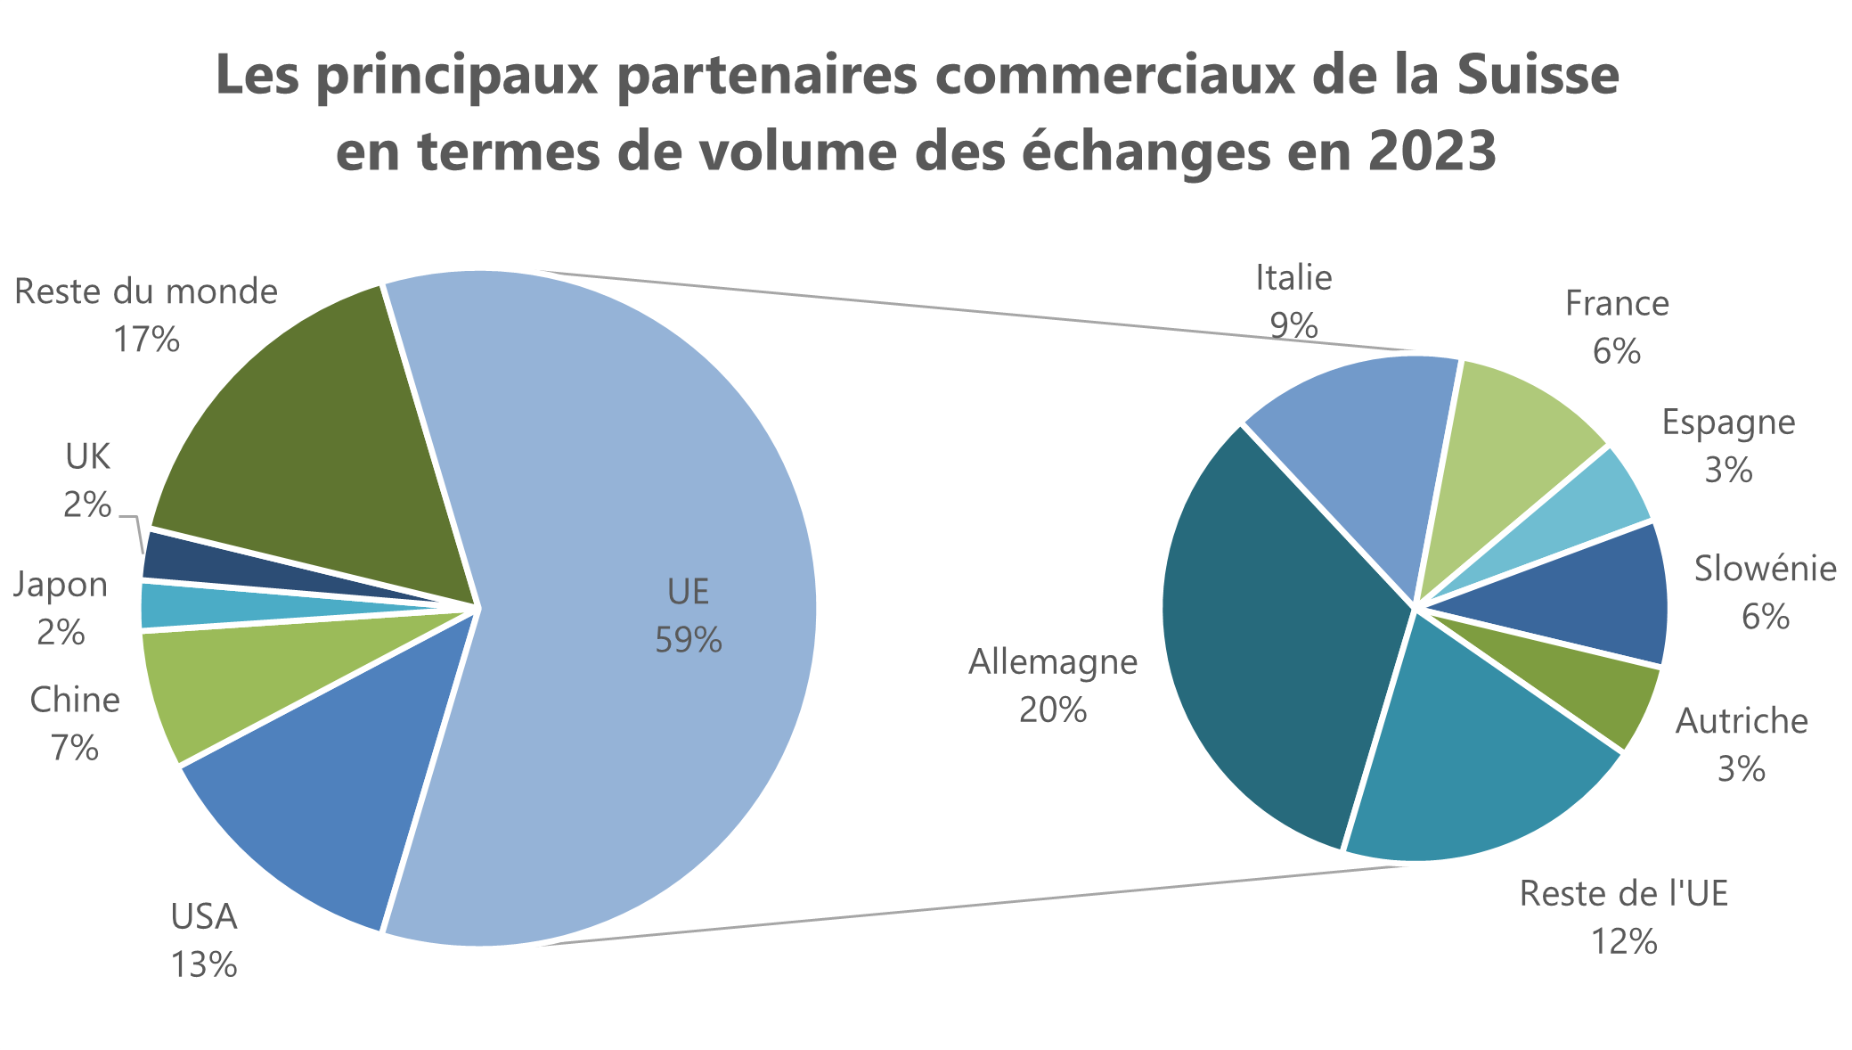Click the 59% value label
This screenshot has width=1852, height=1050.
tap(689, 639)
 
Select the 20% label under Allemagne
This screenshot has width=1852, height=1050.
tap(1053, 710)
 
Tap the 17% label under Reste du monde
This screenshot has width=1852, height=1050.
tap(147, 339)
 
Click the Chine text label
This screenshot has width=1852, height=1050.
tap(75, 701)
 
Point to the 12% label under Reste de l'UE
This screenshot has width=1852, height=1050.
tap(1624, 941)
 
